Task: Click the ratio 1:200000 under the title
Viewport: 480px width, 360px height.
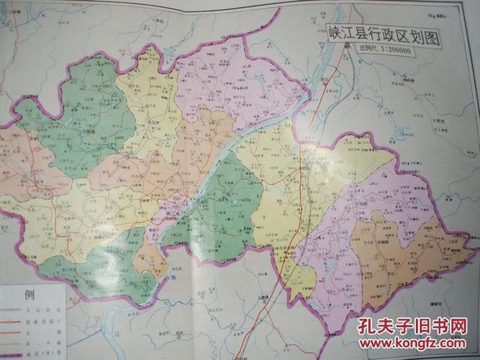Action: (x=395, y=50)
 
